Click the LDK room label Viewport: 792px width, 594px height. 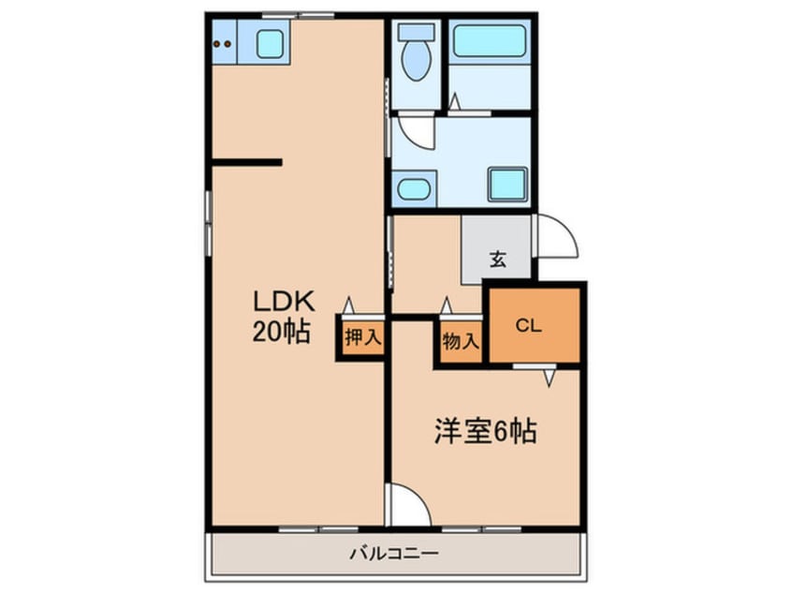(x=286, y=302)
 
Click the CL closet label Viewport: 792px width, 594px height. (x=529, y=326)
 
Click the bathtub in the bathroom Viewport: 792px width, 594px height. (x=489, y=42)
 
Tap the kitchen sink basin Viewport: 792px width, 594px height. (x=270, y=43)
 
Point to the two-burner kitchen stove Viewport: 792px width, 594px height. (x=223, y=42)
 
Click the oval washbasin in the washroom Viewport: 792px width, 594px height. (x=413, y=188)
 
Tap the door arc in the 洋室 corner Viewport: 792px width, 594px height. (x=410, y=506)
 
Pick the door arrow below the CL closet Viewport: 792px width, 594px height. (x=550, y=377)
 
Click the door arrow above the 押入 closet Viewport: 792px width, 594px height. (x=349, y=305)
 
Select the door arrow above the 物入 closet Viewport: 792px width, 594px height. (x=447, y=305)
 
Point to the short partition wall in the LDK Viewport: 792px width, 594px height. (x=246, y=163)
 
